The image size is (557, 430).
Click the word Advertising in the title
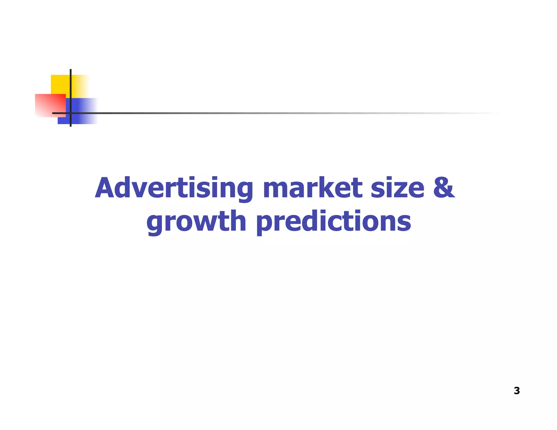[174, 188]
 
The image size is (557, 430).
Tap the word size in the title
[397, 188]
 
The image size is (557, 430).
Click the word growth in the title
[196, 222]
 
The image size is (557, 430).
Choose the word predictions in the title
[333, 222]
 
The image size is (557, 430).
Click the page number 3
[517, 391]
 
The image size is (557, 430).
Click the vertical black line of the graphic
[71, 82]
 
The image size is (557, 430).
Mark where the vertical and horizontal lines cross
[71, 113]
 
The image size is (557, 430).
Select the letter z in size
[399, 190]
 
